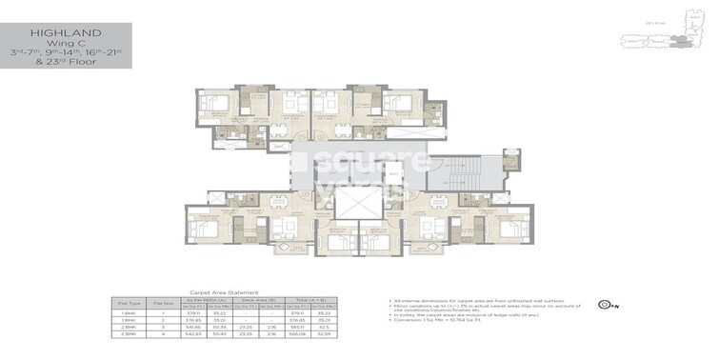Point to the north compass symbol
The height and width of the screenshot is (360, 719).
(x=604, y=306)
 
